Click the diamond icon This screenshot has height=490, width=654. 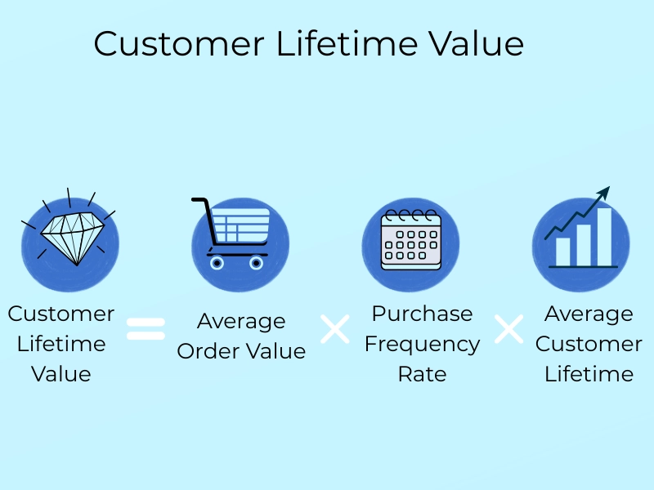[74, 237]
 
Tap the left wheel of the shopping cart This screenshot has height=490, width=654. [217, 263]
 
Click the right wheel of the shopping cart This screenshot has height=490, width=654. [256, 263]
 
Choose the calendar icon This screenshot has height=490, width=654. [411, 242]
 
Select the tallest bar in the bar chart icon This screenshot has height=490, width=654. [604, 237]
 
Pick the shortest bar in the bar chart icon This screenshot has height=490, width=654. [563, 252]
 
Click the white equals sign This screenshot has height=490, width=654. [146, 329]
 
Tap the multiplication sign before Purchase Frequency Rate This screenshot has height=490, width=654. [334, 329]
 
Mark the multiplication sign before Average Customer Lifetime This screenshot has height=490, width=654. [508, 329]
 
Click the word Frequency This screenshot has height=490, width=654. [422, 344]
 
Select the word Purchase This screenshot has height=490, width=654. [422, 314]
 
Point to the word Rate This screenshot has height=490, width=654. [422, 374]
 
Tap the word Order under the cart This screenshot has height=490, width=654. [208, 351]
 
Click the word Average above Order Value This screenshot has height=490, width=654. [241, 321]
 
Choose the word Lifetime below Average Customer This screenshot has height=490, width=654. [589, 374]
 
